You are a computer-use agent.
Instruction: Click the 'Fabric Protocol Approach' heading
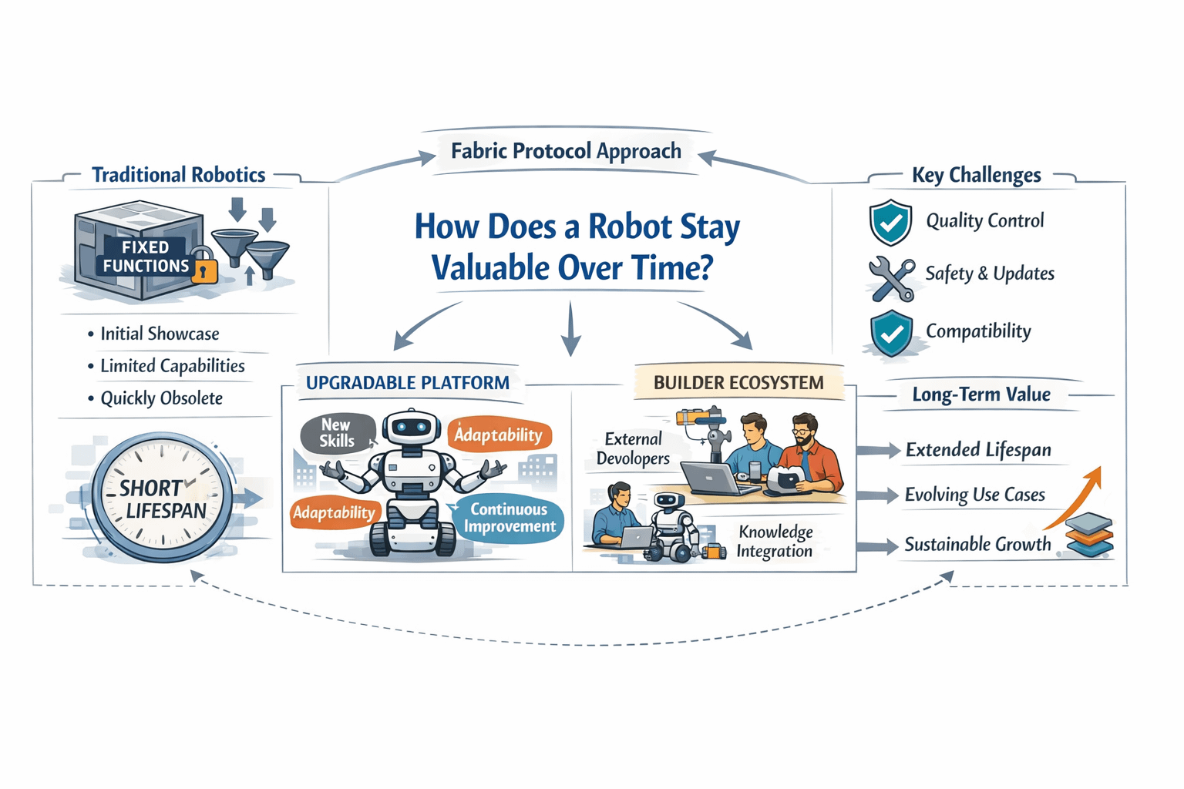coord(566,151)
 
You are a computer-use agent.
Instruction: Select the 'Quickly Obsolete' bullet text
coord(161,398)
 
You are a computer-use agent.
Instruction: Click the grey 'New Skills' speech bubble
coord(337,433)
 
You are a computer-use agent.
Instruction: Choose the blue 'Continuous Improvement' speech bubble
coord(509,518)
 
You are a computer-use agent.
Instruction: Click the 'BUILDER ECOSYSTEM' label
coord(738,383)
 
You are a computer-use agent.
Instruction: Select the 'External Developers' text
coord(633,448)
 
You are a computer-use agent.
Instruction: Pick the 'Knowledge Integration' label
coord(775,541)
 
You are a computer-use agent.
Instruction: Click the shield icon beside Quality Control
coord(890,222)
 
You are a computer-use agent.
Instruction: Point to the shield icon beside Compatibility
coord(891,333)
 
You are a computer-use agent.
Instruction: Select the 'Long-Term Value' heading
coord(980,394)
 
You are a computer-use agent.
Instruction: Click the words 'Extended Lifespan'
coord(977,450)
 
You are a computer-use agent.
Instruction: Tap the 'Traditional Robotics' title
coord(178,175)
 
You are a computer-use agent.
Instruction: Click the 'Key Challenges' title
coord(976,176)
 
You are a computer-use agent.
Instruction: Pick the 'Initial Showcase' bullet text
coord(160,334)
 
